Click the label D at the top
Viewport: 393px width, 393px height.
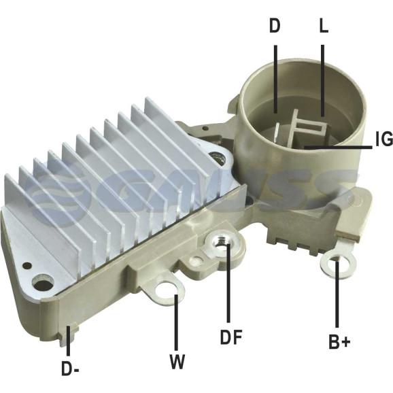pyautogui.click(x=275, y=26)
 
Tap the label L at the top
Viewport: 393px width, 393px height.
pyautogui.click(x=324, y=26)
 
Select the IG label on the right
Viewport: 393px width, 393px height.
pyautogui.click(x=384, y=139)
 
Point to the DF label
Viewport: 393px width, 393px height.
pyautogui.click(x=231, y=337)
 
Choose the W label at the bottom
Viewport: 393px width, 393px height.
pyautogui.click(x=177, y=362)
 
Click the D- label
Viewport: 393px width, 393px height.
pyautogui.click(x=71, y=369)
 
